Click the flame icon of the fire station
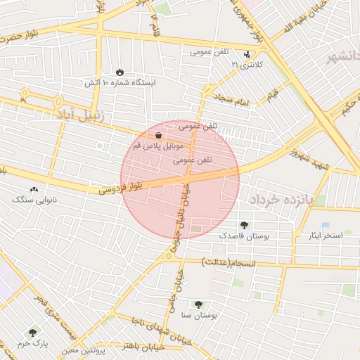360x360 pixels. point(120,72)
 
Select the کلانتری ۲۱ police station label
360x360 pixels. point(244,65)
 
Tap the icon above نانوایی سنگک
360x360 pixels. point(34,189)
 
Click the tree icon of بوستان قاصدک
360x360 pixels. point(244,225)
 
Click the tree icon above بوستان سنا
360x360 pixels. point(200,304)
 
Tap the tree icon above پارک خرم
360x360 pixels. point(32,332)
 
